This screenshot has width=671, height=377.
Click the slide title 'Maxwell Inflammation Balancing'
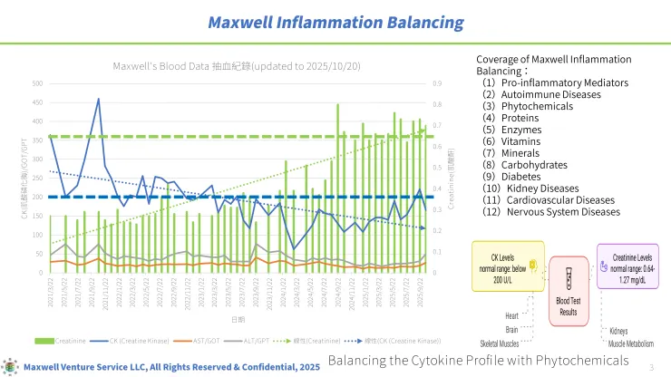(335, 22)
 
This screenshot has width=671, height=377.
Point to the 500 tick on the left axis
(37, 83)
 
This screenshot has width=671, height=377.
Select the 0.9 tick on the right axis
(438, 83)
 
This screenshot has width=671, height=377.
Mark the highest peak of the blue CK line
(98, 99)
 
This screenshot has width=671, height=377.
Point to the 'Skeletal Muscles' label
(500, 344)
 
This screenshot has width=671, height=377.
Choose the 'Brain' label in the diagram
(512, 330)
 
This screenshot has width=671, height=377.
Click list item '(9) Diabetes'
(518, 177)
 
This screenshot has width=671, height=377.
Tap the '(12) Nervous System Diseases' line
(551, 212)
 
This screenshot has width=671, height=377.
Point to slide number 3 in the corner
(653, 366)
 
